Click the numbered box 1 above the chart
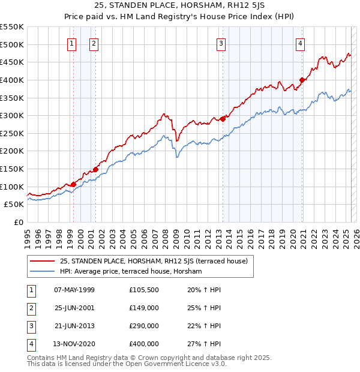[x=72, y=43]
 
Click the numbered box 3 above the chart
[x=221, y=43]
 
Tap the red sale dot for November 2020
[x=302, y=80]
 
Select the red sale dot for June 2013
[x=223, y=119]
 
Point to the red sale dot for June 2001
[x=95, y=169]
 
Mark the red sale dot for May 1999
[x=73, y=184]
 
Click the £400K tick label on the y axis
[x=12, y=80]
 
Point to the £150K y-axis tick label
[x=12, y=169]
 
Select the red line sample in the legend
[x=43, y=261]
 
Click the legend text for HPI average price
[x=131, y=271]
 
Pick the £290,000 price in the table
[x=144, y=326]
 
